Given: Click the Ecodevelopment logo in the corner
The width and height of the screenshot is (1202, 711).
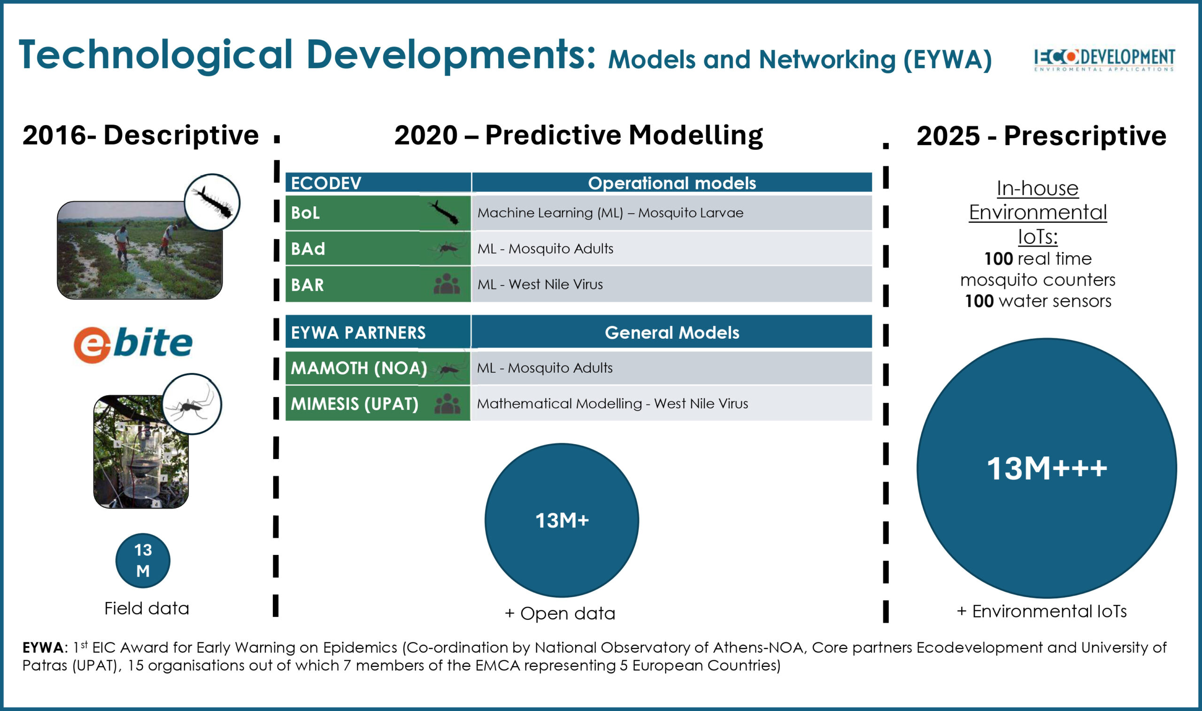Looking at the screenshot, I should pyautogui.click(x=1104, y=59).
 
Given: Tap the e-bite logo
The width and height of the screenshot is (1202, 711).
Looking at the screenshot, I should pyautogui.click(x=133, y=344).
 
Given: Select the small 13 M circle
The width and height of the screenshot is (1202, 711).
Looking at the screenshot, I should pyautogui.click(x=143, y=561).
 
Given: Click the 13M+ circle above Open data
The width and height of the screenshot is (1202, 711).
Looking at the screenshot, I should pyautogui.click(x=562, y=520).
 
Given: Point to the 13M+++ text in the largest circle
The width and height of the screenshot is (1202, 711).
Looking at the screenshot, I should pyautogui.click(x=1047, y=469).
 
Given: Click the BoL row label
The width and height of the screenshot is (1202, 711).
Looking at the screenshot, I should pyautogui.click(x=305, y=213).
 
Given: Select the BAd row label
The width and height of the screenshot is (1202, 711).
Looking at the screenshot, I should pyautogui.click(x=308, y=249).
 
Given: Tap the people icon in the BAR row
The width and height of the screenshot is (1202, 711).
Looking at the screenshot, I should pyautogui.click(x=446, y=284).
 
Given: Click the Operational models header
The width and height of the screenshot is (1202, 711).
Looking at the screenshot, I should pyautogui.click(x=671, y=183).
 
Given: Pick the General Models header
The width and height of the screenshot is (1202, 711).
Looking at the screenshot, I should pyautogui.click(x=671, y=333).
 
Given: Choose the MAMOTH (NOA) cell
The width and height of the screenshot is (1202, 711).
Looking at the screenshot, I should pyautogui.click(x=359, y=368).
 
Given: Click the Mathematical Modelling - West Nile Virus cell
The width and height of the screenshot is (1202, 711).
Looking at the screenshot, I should pyautogui.click(x=612, y=403).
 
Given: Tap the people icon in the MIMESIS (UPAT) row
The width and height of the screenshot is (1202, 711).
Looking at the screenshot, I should pyautogui.click(x=447, y=403).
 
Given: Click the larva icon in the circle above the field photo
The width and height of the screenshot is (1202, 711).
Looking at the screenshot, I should pyautogui.click(x=212, y=202).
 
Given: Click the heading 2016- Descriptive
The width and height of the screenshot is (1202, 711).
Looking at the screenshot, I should pyautogui.click(x=140, y=135).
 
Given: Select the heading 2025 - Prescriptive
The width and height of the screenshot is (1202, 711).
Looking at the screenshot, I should pyautogui.click(x=1041, y=136).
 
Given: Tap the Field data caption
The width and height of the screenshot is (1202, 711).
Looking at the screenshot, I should pyautogui.click(x=146, y=609).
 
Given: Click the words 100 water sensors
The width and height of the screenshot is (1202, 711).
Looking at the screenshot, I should pyautogui.click(x=1038, y=301).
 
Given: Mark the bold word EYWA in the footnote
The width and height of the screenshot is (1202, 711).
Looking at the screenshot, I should pyautogui.click(x=43, y=648).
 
